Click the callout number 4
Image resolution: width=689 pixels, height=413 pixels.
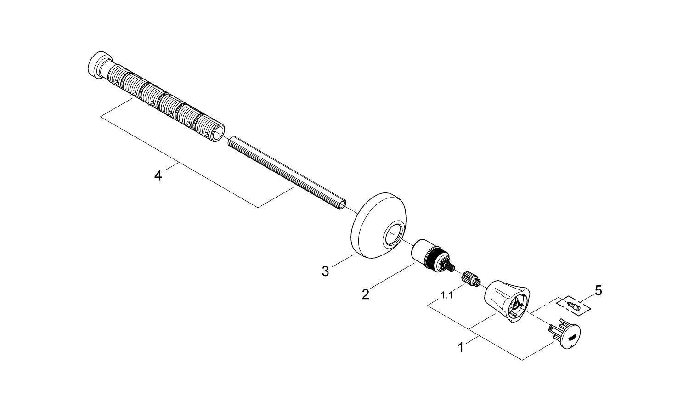158,175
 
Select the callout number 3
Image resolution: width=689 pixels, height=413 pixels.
325,272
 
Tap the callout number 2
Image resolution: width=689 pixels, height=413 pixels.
365,294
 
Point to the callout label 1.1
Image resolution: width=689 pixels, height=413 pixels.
446,295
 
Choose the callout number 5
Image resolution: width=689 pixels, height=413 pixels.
598,290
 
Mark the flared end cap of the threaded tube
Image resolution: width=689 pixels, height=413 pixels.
97,65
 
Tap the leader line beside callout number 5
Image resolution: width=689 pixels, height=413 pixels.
587,298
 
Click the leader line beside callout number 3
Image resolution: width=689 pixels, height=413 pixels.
342,260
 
